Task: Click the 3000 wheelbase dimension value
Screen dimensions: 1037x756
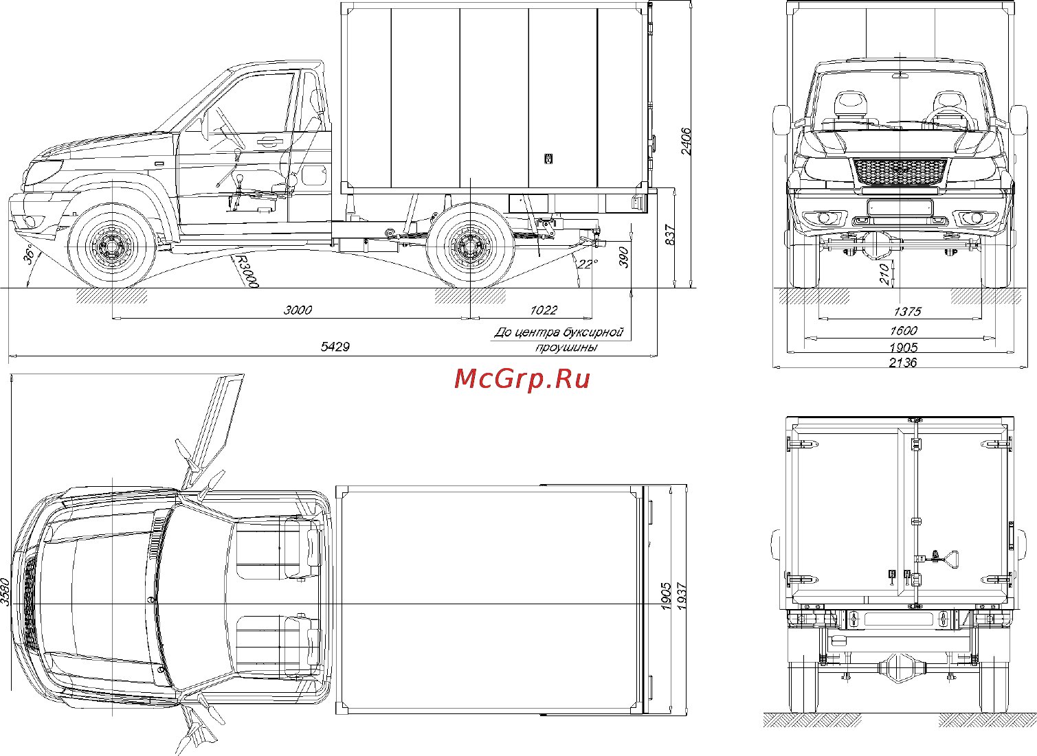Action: coord(298,310)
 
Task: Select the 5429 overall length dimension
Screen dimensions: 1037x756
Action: coord(335,347)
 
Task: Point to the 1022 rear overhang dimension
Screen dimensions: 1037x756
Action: coord(544,310)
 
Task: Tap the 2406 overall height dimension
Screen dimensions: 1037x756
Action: coord(686,141)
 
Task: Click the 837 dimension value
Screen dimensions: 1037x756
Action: coord(670,235)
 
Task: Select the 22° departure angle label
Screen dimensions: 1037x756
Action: coord(588,264)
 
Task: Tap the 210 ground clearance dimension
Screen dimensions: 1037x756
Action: coord(885,274)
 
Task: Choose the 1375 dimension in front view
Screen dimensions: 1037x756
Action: coord(907,311)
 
